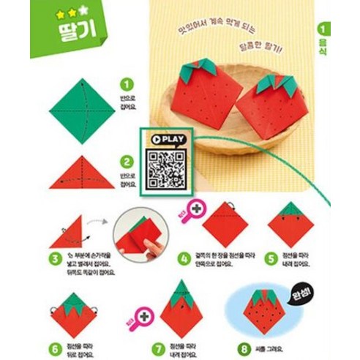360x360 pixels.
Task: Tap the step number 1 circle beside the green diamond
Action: click(x=127, y=85)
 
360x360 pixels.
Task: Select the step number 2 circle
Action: click(x=127, y=162)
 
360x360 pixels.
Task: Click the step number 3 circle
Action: click(x=55, y=258)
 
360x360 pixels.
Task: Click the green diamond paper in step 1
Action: click(x=81, y=110)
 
